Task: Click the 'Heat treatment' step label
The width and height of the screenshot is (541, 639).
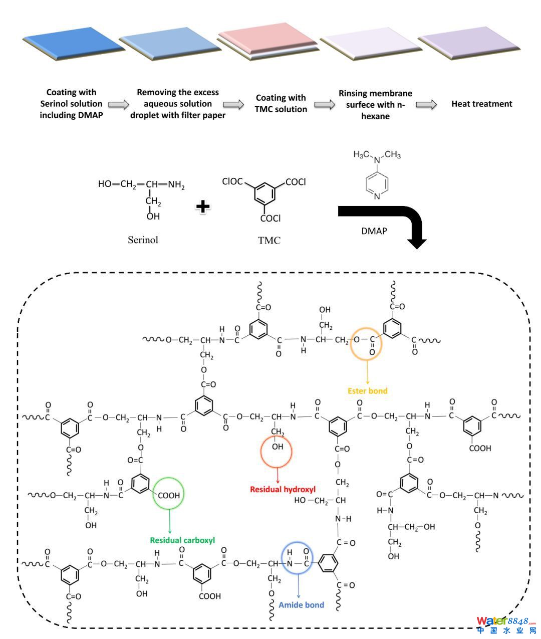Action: point(481,104)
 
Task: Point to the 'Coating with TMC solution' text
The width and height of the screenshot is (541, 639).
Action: point(281,104)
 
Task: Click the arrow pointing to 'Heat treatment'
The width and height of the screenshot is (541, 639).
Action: point(426,104)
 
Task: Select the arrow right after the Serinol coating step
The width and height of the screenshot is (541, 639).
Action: point(119,104)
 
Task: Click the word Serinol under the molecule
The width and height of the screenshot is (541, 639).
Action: point(143,240)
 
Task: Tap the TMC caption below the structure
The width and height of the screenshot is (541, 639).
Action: point(269,241)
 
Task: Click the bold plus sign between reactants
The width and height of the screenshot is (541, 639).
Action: point(202,206)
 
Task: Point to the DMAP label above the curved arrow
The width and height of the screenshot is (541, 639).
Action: point(374,232)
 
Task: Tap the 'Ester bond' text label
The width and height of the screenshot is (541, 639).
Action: point(367,391)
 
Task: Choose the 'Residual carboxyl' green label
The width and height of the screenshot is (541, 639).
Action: point(182,540)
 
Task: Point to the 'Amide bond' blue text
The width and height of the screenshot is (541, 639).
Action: point(301,605)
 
